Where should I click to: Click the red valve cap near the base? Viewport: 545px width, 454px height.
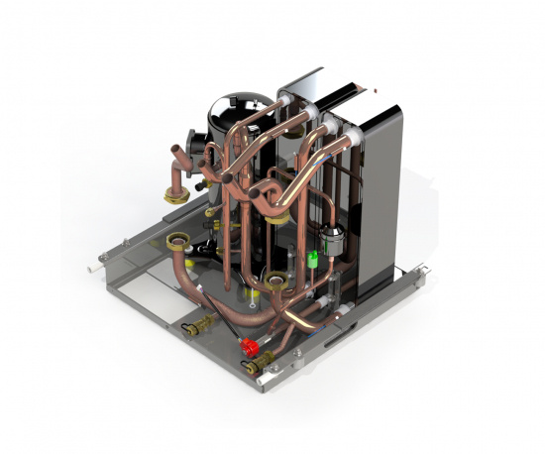point(248,346)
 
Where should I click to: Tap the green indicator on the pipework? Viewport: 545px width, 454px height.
point(314,259)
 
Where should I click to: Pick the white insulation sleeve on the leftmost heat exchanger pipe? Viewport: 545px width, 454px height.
point(286,102)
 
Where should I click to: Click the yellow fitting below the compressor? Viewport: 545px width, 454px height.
point(253,294)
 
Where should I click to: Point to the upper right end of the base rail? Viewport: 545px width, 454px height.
point(424,267)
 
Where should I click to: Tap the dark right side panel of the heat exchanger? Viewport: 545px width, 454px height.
point(382,198)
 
